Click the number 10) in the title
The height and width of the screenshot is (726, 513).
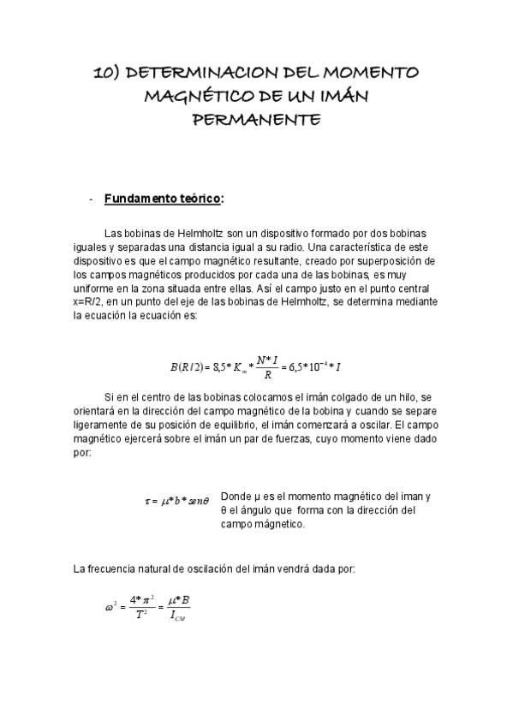[105, 74]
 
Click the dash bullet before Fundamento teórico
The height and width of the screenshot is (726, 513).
[91, 199]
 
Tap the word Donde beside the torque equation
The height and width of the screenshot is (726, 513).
[236, 497]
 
